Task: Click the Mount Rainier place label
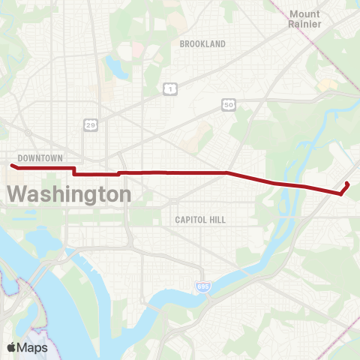304,19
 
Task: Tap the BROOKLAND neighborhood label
202,44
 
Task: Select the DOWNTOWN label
40,158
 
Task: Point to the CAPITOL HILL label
200,220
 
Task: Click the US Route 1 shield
171,89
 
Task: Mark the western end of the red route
12,166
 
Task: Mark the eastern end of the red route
346,183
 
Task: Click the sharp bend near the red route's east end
341,193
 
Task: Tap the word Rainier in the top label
304,25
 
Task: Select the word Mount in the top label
304,14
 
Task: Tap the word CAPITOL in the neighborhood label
191,220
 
